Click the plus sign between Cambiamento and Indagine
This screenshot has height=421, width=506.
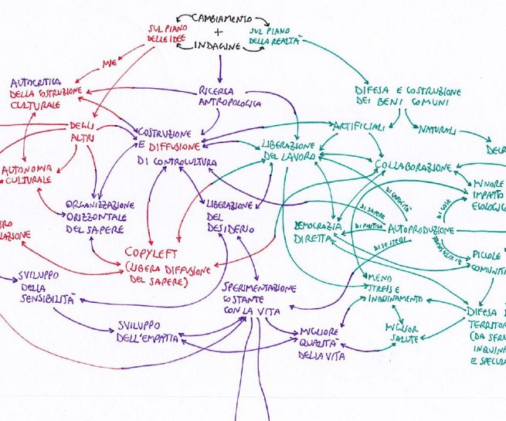[x=217, y=32]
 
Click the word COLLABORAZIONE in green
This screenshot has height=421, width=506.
[x=413, y=167]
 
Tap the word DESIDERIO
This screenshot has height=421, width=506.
[x=230, y=229]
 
